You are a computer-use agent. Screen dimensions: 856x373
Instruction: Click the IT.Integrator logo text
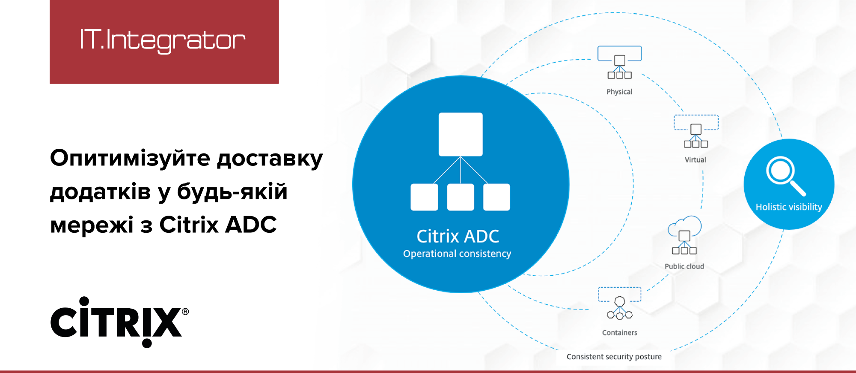point(163,41)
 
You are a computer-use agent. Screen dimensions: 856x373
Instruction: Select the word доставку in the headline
point(270,159)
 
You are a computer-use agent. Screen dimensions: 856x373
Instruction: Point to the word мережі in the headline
point(92,225)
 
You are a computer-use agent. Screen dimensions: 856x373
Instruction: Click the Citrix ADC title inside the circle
point(458,236)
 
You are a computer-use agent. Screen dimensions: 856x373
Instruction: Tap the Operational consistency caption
point(457,254)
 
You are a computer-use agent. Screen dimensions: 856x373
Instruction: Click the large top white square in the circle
point(461,134)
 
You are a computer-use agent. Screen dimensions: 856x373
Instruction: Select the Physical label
point(619,92)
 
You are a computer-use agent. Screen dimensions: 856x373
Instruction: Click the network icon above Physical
point(620,63)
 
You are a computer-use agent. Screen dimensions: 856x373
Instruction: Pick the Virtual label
point(695,160)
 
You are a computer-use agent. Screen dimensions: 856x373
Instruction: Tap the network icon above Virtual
point(696,131)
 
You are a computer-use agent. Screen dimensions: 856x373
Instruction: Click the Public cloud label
point(684,266)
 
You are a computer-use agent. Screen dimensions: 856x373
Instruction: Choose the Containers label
point(620,333)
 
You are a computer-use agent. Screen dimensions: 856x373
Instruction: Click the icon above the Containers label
point(620,304)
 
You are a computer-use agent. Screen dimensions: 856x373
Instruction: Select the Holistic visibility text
point(789,207)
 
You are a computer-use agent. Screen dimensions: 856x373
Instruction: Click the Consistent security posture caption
point(614,357)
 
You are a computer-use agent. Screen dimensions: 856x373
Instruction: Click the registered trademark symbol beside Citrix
point(185,312)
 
